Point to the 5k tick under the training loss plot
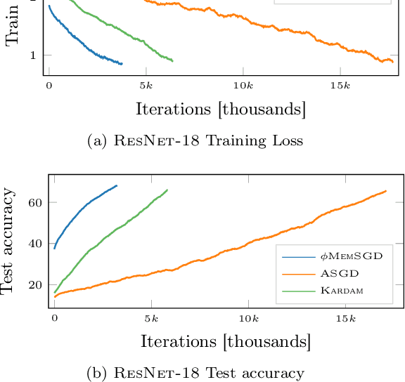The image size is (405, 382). pos(146,85)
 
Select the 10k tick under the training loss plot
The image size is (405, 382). pos(243,85)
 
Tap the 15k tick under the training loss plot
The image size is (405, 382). pos(340,85)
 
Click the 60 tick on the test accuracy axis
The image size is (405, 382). pos(35,202)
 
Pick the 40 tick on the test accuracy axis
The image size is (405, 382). pos(35,244)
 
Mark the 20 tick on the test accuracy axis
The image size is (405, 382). pos(35,285)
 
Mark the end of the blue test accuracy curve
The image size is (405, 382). pos(117,186)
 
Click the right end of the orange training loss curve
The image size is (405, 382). pos(392,62)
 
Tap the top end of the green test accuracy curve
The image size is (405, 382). pos(167,190)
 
